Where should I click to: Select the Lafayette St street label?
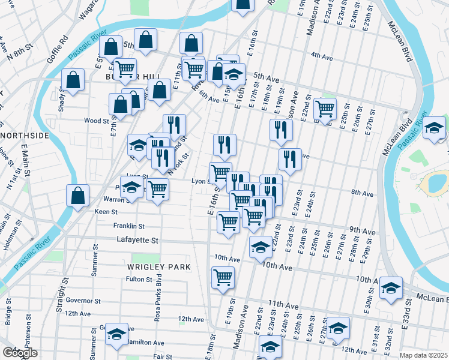click(137, 240)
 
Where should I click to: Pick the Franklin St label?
click(128, 226)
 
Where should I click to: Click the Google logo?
click(19, 353)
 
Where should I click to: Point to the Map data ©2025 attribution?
click(423, 355)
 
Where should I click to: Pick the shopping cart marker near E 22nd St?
click(325, 109)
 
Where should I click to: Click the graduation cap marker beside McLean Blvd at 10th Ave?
click(391, 288)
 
